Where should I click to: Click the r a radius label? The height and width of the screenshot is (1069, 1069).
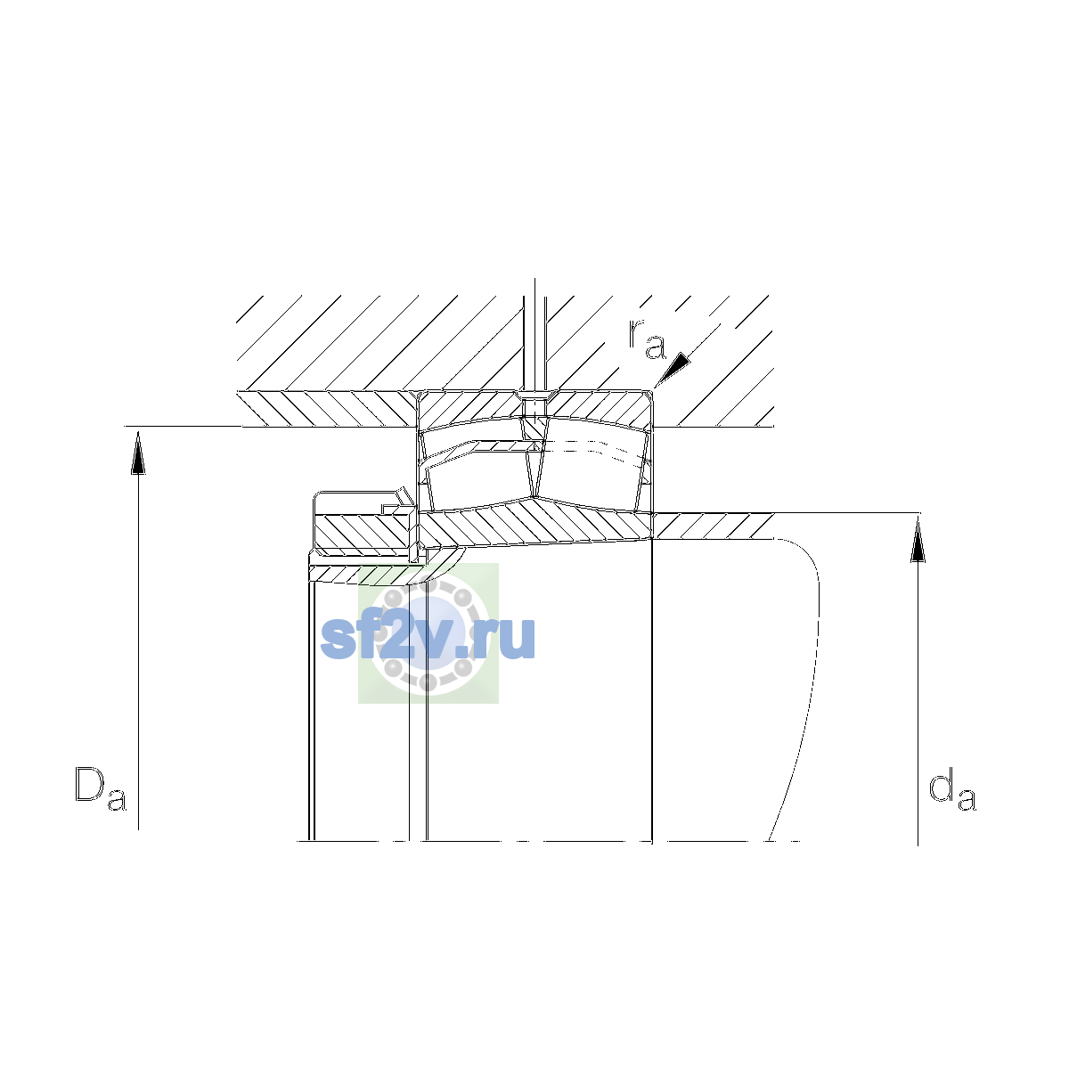(647, 339)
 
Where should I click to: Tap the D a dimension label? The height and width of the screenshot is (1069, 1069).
(101, 788)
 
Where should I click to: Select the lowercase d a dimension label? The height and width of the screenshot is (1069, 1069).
(952, 788)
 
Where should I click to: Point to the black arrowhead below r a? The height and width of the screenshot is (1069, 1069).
(673, 369)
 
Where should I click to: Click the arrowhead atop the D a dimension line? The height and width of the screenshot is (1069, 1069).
(138, 453)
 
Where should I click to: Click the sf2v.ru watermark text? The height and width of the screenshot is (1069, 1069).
(428, 638)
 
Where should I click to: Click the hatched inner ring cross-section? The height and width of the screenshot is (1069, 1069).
(535, 523)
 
